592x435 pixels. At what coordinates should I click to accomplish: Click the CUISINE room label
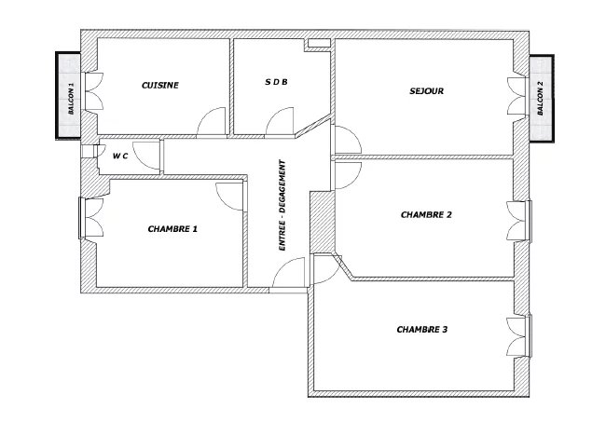159,85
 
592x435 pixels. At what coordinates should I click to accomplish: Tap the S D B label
276,82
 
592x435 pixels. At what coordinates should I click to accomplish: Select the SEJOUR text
425,91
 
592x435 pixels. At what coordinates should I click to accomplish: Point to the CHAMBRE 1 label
172,228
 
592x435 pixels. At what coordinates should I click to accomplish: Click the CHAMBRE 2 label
426,214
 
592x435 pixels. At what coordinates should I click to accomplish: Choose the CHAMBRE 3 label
422,330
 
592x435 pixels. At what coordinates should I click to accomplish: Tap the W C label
120,156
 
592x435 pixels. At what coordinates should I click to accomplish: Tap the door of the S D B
279,121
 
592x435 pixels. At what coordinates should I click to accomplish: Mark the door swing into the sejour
347,140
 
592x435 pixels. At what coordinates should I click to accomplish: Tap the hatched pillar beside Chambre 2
322,221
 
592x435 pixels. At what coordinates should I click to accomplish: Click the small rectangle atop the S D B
319,43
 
